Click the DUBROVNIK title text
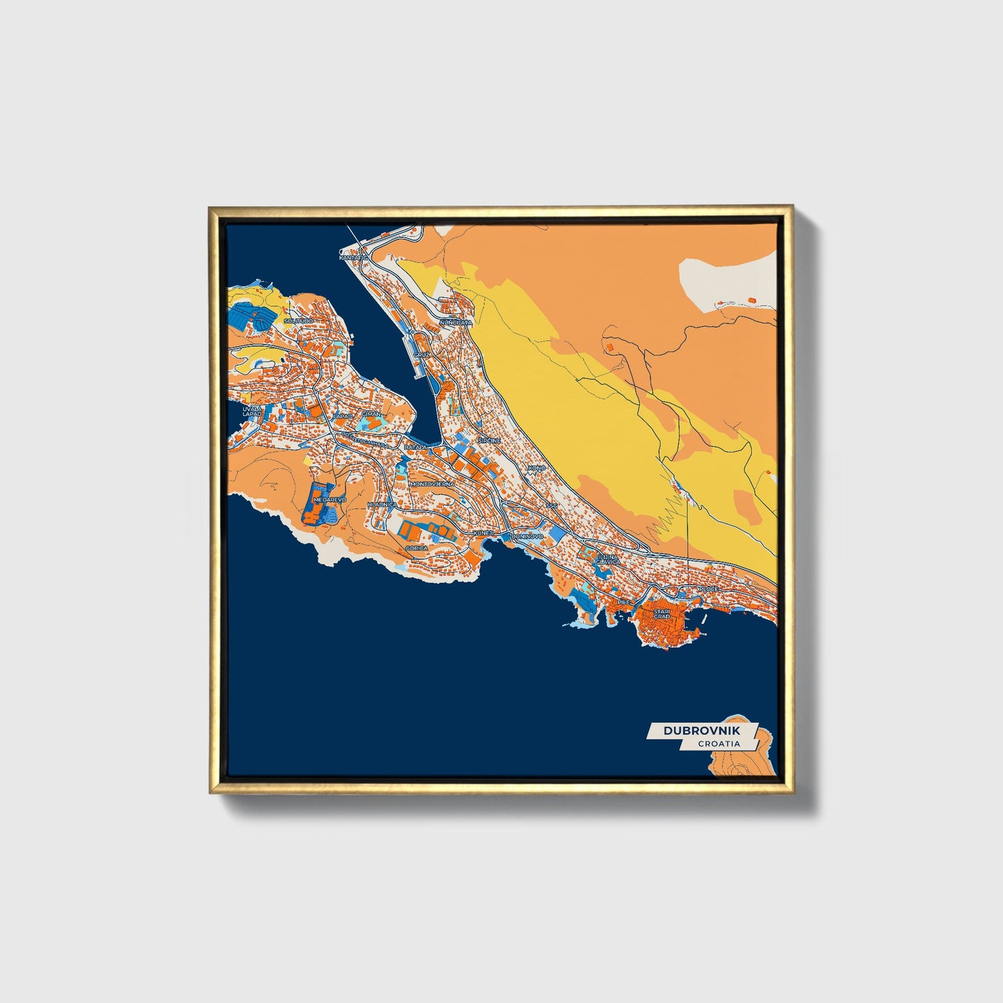pyautogui.click(x=701, y=731)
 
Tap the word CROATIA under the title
pyautogui.click(x=718, y=744)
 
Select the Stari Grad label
pyautogui.click(x=661, y=614)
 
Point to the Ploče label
pyautogui.click(x=708, y=589)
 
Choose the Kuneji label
pyautogui.click(x=483, y=533)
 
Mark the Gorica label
pyautogui.click(x=417, y=548)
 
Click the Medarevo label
pyautogui.click(x=329, y=499)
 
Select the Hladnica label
pyautogui.click(x=382, y=505)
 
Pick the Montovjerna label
pyautogui.click(x=432, y=484)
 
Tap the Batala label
pyautogui.click(x=416, y=448)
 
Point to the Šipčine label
pyautogui.click(x=489, y=440)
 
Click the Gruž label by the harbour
pyautogui.click(x=422, y=355)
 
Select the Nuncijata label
pyautogui.click(x=455, y=323)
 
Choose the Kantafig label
pyautogui.click(x=353, y=258)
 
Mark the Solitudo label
pyautogui.click(x=299, y=321)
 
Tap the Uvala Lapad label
pyautogui.click(x=252, y=412)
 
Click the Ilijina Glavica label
pyautogui.click(x=607, y=559)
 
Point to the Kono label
pyautogui.click(x=537, y=469)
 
